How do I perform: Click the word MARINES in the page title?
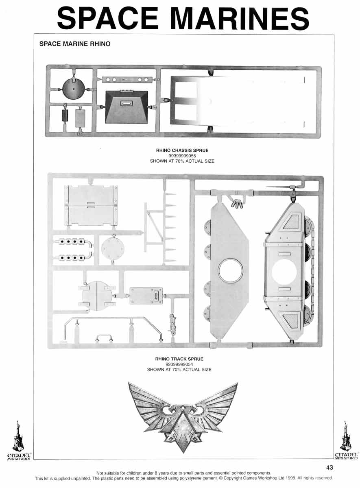coord(240,18)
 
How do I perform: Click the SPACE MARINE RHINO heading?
coord(75,44)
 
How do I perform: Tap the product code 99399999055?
coord(182,156)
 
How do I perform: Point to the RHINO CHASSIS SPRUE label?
coord(182,150)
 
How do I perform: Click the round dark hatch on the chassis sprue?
coord(73,89)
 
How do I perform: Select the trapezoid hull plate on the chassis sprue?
coord(127,107)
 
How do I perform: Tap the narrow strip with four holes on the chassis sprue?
coord(127,80)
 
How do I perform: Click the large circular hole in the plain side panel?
coord(230,270)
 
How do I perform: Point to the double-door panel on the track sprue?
coord(91,205)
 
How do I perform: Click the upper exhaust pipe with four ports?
coord(74,242)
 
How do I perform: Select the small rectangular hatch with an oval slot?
coord(146,295)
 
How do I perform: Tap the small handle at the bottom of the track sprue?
coord(104,338)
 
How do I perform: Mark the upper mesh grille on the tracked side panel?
coord(291,222)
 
